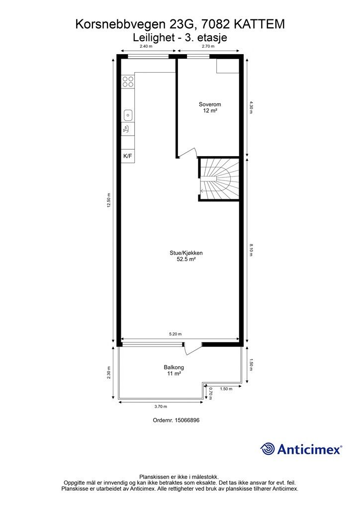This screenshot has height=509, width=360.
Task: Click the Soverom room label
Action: [x=209, y=104]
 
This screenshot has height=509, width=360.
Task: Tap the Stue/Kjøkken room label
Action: [x=186, y=253]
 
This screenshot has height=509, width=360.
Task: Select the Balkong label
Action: [x=174, y=367]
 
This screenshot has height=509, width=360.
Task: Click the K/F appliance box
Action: [x=128, y=156]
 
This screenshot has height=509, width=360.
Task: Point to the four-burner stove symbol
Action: [x=128, y=81]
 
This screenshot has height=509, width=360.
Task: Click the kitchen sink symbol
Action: [x=128, y=115]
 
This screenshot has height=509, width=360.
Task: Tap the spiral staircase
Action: [x=219, y=179]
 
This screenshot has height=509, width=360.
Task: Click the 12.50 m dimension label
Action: [x=109, y=200]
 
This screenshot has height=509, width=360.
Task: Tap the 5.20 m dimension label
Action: [x=176, y=334]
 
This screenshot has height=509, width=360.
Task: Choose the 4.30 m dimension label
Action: [x=252, y=108]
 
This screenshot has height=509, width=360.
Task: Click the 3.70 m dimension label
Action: [x=161, y=406]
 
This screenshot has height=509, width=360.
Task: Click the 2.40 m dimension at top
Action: [x=145, y=46]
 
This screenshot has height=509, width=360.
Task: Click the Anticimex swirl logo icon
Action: [x=268, y=449]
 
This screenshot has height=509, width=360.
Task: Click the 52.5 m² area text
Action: [x=186, y=259]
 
